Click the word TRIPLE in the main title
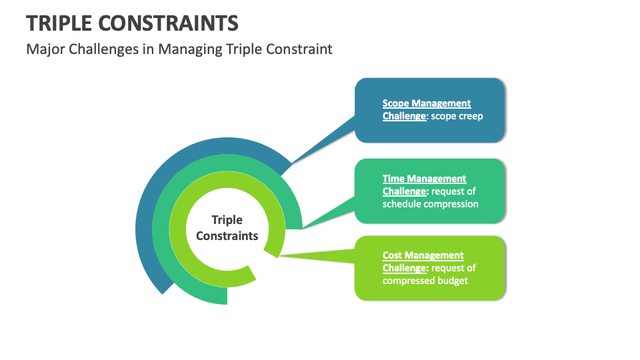pos(59,23)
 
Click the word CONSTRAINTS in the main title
pos(168,23)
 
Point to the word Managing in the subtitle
pos(190,49)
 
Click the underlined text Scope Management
pos(427,103)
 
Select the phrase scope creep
pos(457,116)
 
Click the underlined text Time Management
pos(424,179)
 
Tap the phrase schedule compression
pos(430,204)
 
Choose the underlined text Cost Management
pos(423,255)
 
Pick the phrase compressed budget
pos(425,281)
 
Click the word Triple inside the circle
pos(227,220)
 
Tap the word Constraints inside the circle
pos(227,236)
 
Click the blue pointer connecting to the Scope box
pos(323,141)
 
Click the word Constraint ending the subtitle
pos(299,49)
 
